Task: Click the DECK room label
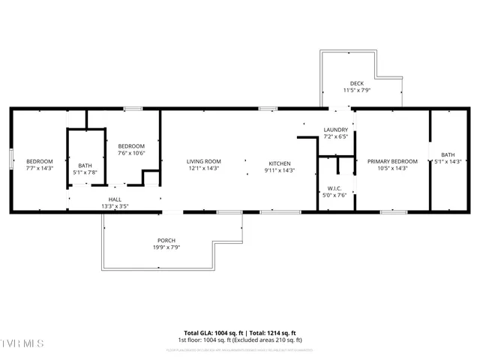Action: click(357, 83)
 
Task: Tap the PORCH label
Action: click(166, 240)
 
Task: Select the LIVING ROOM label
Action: click(203, 161)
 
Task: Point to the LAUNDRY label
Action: click(335, 130)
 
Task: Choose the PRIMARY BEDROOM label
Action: click(391, 161)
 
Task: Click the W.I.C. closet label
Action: click(335, 188)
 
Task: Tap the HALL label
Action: click(115, 199)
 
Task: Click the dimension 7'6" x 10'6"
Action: click(130, 153)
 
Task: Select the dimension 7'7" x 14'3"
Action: click(40, 168)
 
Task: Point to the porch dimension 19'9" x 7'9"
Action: click(166, 247)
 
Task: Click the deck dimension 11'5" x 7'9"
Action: click(357, 90)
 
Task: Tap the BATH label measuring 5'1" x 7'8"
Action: click(85, 166)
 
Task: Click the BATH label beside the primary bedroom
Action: click(448, 154)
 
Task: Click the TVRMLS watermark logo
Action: click(22, 343)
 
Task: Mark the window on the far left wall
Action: click(10, 160)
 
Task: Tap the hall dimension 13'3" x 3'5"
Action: click(115, 205)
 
